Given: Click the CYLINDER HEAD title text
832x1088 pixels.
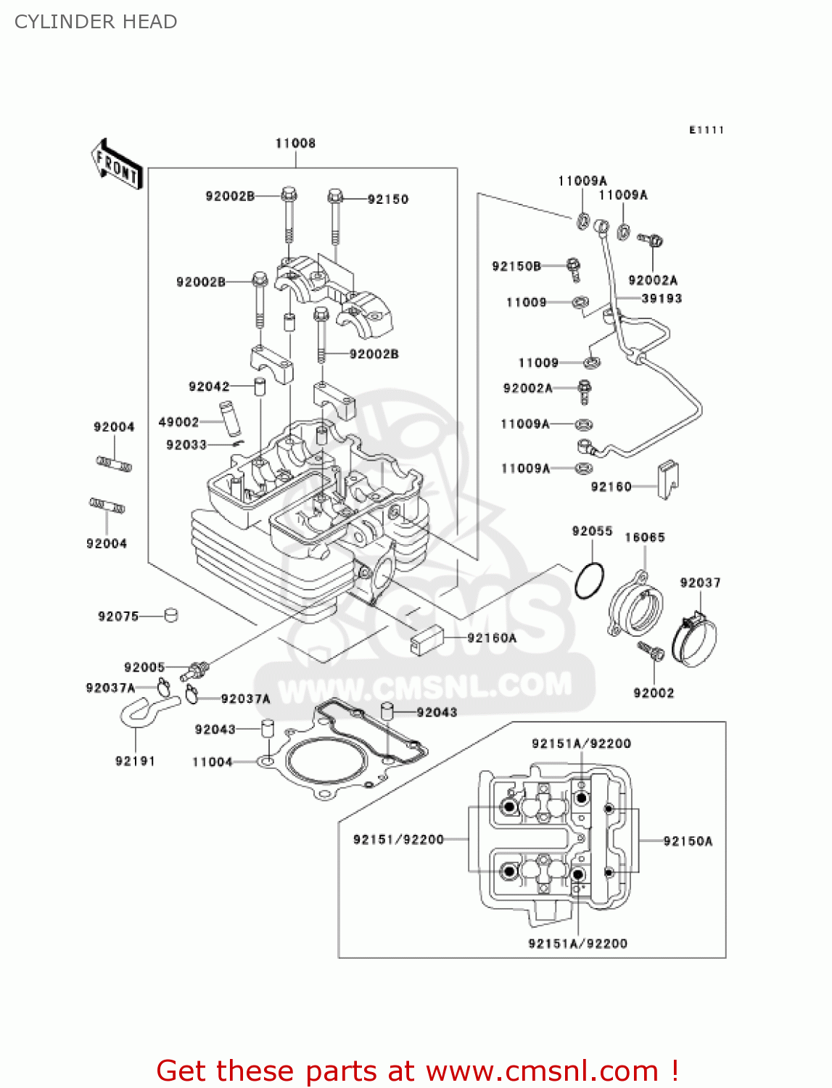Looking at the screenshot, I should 96,22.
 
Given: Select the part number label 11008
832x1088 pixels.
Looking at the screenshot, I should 295,143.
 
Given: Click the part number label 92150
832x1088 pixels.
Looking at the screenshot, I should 387,199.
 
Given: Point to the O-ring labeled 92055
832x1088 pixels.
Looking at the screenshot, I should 589,581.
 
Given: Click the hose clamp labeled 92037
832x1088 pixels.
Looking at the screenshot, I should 695,638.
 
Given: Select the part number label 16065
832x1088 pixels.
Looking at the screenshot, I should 645,537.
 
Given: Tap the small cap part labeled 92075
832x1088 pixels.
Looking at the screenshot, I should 171,615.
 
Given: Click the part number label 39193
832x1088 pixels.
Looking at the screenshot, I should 662,298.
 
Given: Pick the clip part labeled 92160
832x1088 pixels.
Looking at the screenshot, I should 667,479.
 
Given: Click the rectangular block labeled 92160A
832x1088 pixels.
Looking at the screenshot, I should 427,639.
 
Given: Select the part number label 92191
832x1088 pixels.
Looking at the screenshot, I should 135,761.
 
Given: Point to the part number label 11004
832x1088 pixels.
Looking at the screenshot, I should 212,762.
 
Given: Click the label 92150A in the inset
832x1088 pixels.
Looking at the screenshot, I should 688,841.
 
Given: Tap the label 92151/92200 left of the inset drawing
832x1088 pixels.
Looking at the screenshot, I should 398,839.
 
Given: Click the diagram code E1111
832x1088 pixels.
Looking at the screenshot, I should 707,130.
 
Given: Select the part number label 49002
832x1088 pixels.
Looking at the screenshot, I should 178,422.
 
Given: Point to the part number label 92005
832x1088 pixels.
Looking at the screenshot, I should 144,667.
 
